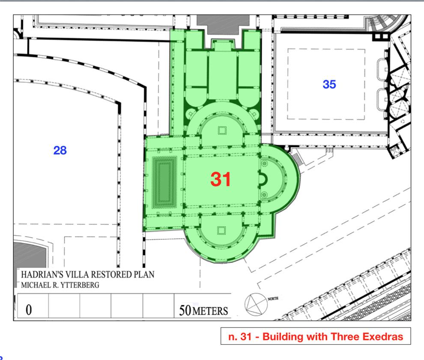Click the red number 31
click(221, 179)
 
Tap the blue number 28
click(60, 150)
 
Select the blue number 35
click(329, 84)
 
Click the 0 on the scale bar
click(29, 310)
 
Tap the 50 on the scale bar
click(185, 310)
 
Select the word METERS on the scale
click(210, 311)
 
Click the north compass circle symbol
click(256, 304)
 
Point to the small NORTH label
click(273, 299)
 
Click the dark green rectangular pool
click(164, 183)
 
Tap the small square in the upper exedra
click(222, 131)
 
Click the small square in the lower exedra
click(221, 231)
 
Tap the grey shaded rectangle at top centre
click(223, 24)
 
